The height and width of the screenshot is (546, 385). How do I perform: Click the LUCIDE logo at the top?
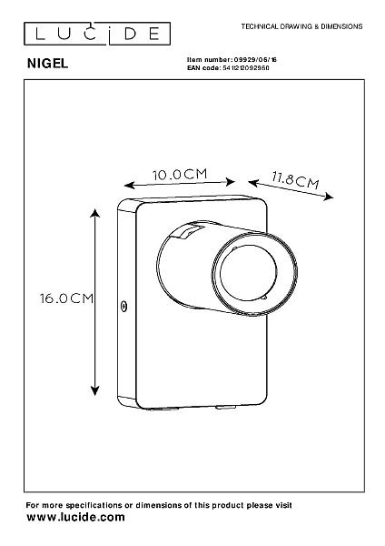(x=97, y=34)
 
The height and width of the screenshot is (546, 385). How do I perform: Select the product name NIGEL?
(x=47, y=64)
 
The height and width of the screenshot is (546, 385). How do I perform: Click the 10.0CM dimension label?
(x=180, y=174)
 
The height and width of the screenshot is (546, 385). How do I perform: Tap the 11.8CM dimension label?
(x=295, y=179)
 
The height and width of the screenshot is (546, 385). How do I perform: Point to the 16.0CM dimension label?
(x=66, y=298)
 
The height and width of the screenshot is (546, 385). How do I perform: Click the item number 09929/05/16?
(x=255, y=60)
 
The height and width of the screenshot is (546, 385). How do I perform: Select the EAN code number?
(x=245, y=68)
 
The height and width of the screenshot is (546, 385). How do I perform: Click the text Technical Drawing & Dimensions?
(x=302, y=26)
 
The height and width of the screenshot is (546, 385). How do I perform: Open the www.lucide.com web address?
(x=75, y=517)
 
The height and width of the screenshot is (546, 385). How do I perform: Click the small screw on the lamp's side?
(x=123, y=306)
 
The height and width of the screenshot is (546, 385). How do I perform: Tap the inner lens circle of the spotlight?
(x=249, y=271)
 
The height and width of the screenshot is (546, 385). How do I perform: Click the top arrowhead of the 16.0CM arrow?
(x=94, y=212)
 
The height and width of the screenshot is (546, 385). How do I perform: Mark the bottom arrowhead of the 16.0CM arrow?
(x=94, y=391)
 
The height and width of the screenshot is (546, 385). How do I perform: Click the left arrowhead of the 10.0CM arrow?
(x=129, y=186)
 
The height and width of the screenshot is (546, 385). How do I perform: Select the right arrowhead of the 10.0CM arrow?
(x=231, y=182)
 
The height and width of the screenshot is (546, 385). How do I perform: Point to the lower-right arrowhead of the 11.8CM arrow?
(x=329, y=197)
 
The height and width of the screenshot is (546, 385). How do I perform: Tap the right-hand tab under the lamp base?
(x=225, y=407)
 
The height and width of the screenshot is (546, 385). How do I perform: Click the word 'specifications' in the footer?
(x=94, y=505)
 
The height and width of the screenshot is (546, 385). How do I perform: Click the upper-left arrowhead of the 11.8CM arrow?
(x=253, y=183)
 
